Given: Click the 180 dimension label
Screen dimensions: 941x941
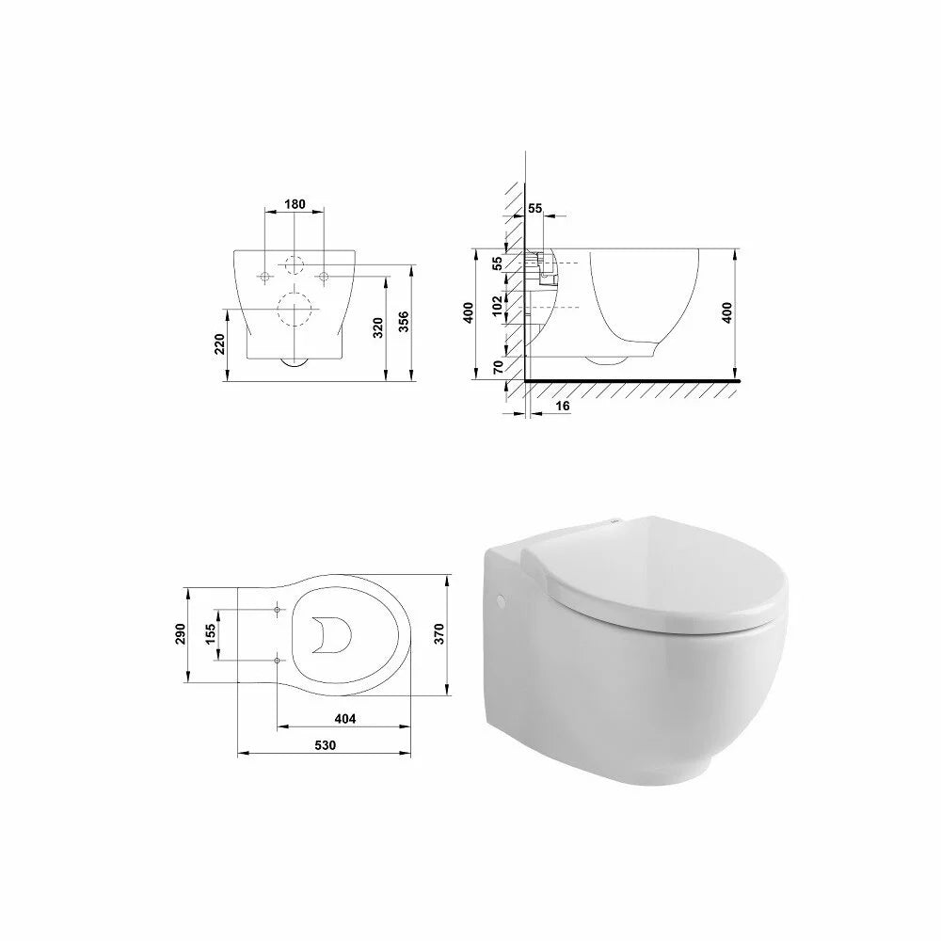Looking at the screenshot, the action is pos(295,204).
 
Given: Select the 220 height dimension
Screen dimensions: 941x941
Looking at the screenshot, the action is pos(220,343).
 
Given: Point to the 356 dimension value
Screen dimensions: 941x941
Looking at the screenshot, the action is pos(404,323).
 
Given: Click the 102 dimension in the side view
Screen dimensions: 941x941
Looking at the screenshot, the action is pos(498,306).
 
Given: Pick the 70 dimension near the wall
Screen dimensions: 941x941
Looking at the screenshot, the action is pos(498,367).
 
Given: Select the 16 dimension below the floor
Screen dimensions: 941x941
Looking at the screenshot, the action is pos(563,407).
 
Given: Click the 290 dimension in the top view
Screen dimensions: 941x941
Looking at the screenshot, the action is pos(182,634).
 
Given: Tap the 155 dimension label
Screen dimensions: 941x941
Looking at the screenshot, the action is pos(210,634).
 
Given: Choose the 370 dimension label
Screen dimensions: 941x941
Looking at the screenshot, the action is pos(439,634).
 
